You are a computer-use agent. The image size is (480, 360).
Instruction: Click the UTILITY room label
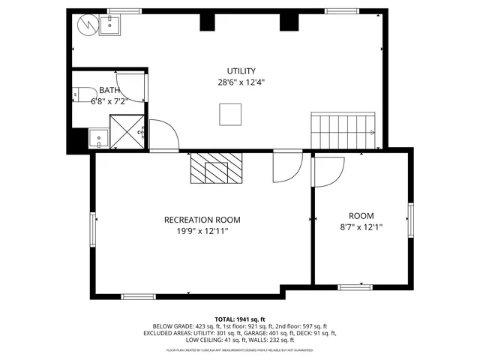(x=241, y=71)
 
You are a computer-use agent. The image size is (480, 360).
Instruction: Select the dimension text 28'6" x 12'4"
(x=241, y=83)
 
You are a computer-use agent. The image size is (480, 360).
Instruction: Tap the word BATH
(x=109, y=90)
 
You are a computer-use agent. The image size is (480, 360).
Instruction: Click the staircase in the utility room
(x=343, y=132)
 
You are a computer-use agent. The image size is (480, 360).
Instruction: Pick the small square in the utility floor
(x=230, y=114)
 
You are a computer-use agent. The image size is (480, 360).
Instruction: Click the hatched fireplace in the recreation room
(x=217, y=169)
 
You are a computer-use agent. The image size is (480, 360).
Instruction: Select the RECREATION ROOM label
(x=202, y=220)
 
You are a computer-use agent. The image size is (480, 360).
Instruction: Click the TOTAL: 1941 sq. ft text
(x=240, y=319)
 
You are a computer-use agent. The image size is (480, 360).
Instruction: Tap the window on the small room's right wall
(x=410, y=220)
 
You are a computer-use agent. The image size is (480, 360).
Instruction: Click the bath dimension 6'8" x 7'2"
(x=109, y=100)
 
